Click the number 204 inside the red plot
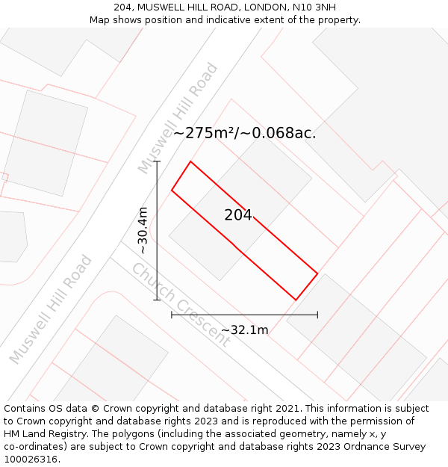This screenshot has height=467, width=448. coord(238,215)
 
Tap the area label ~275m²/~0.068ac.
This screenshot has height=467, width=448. coord(244,134)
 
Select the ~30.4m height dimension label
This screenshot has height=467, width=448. coord(143,230)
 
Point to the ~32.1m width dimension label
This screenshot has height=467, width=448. coord(244,330)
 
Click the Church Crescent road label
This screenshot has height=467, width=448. coord(181,303)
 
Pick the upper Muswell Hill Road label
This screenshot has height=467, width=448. coord(178,118)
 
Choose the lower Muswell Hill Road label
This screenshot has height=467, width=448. coord(51,309)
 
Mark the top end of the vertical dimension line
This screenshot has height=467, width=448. coord(157,161)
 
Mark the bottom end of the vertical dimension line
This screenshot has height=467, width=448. coord(157,300)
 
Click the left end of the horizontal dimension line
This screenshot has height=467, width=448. coord(172,315)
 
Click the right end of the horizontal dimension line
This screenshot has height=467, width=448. coord(317,315)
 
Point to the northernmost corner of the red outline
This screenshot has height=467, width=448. coord(190,161)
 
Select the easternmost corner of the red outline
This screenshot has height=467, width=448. coord(317,273)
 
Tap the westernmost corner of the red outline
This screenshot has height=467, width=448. coord(172,190)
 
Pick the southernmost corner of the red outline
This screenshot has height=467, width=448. coord(296,300)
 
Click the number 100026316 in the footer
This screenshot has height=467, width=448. coord(31,459)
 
